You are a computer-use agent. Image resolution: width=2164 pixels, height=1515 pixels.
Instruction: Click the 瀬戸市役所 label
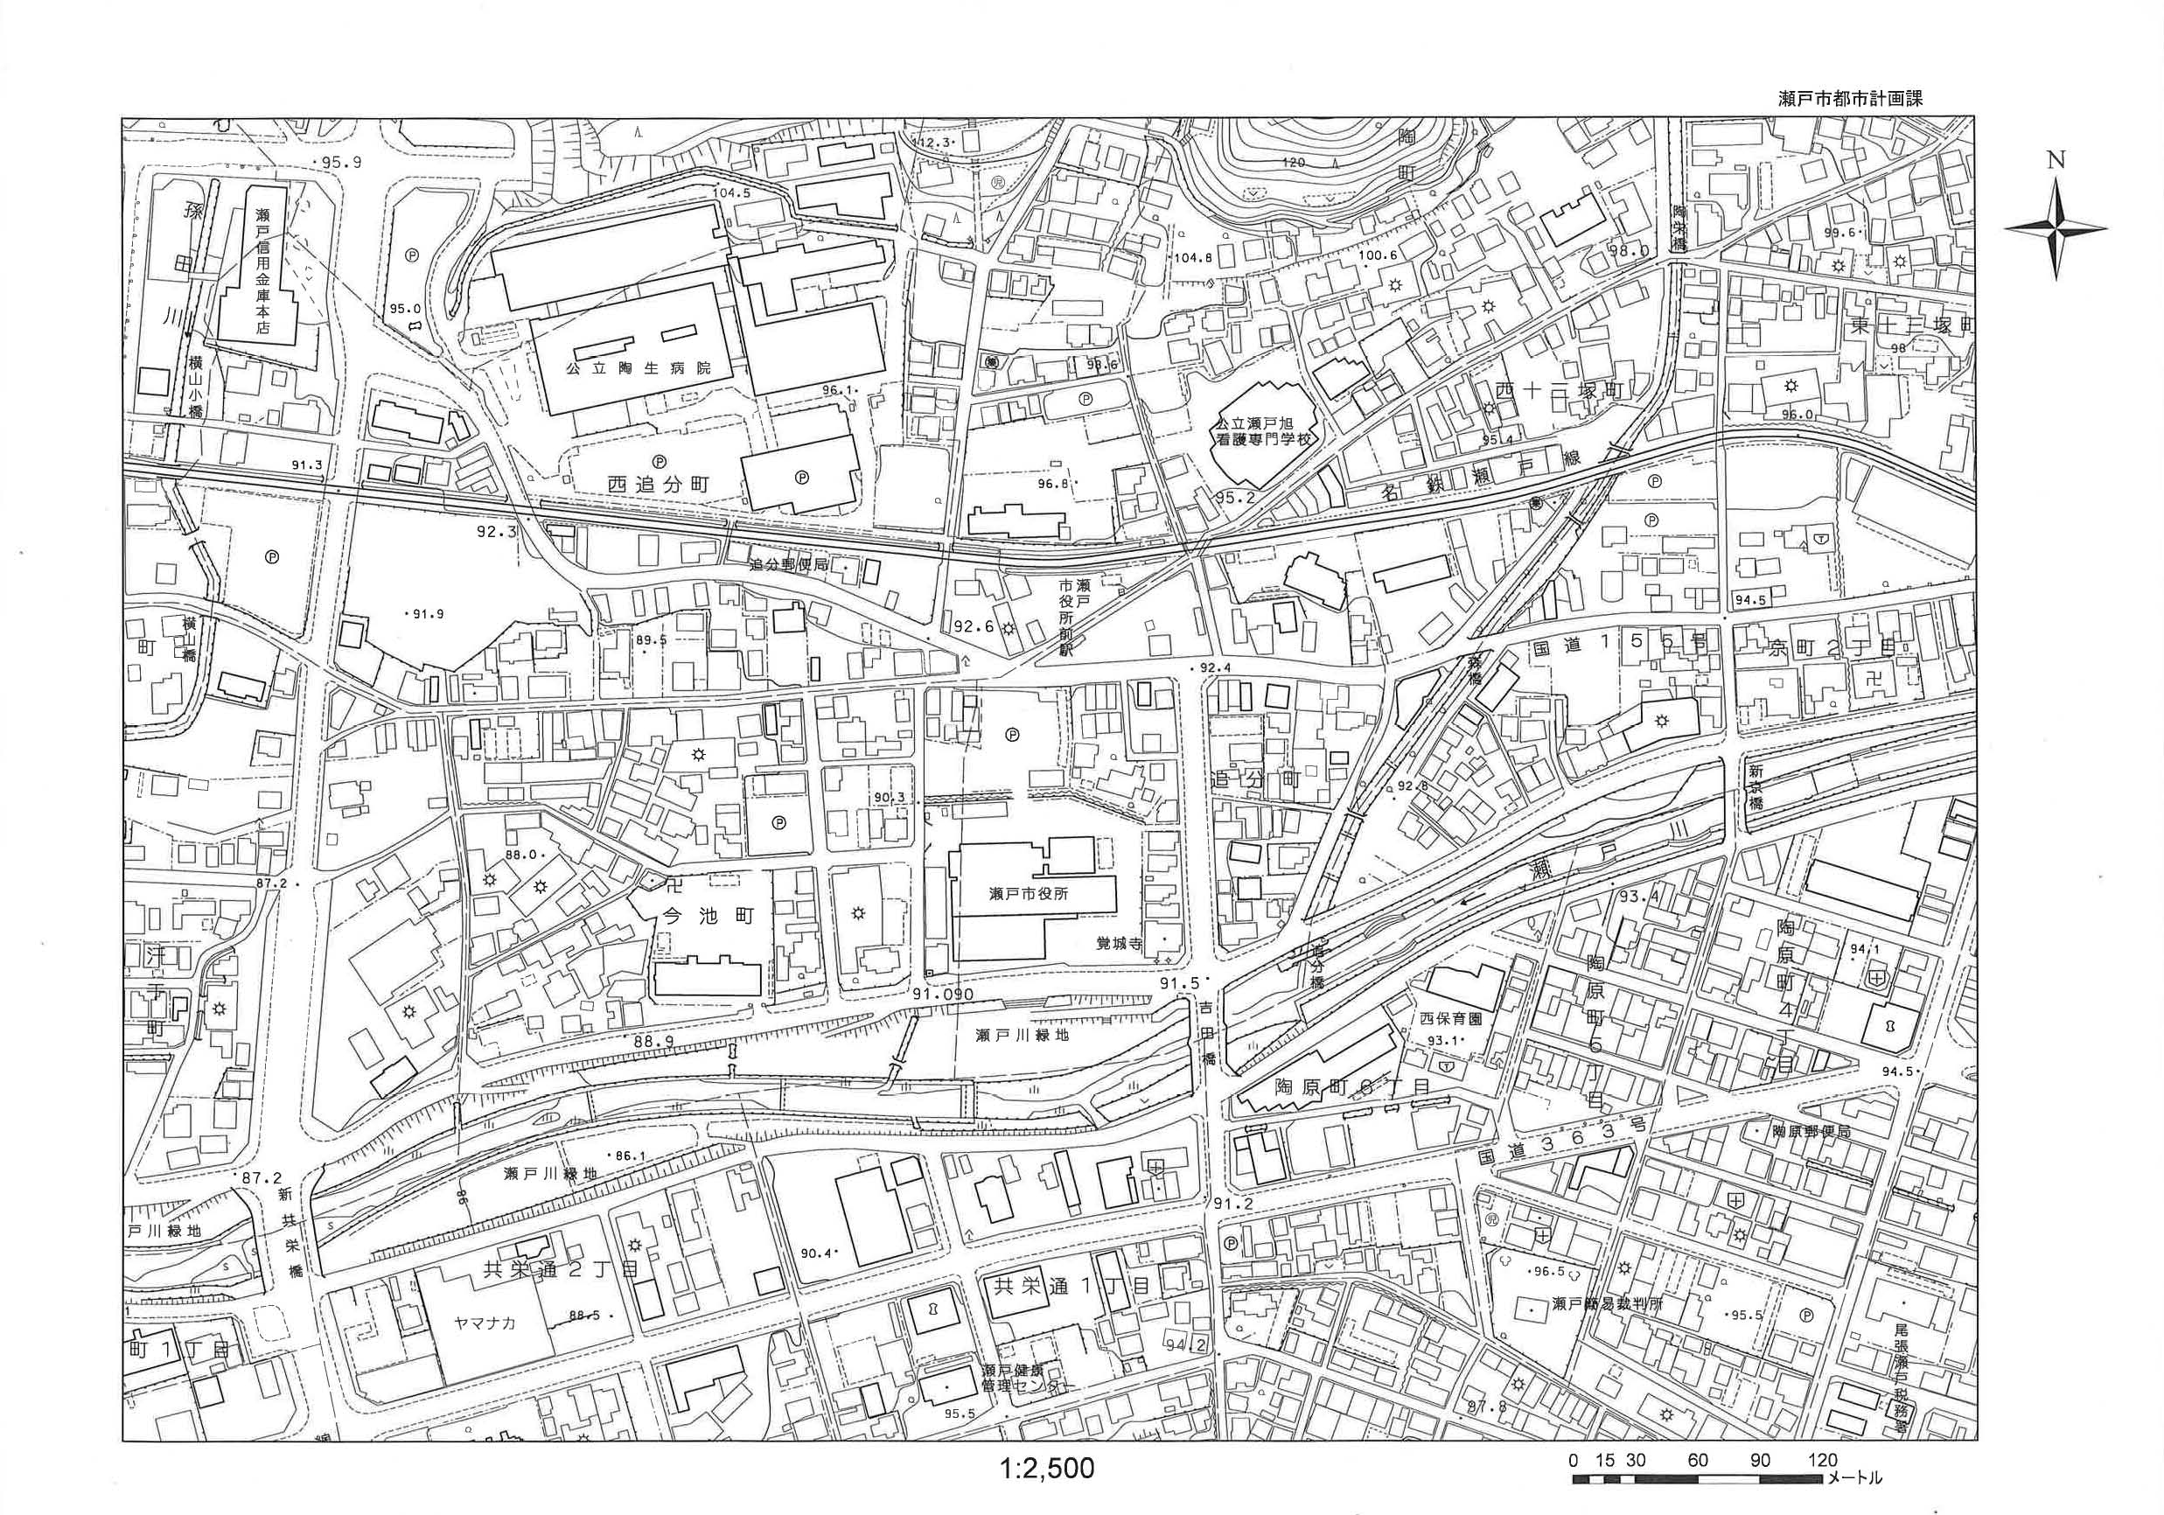1030,894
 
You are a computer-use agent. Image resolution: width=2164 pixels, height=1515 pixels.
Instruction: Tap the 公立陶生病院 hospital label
638,368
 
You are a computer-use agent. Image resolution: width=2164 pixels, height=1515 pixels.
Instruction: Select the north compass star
2056,229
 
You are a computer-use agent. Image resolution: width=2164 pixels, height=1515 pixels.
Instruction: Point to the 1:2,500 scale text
1046,1468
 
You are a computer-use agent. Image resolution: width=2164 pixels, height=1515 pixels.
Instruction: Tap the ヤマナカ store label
485,1323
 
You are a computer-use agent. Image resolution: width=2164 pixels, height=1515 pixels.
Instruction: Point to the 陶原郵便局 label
1811,1130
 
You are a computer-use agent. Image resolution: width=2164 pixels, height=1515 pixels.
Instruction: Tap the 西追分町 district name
658,485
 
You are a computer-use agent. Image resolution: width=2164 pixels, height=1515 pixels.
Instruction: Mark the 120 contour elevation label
1293,163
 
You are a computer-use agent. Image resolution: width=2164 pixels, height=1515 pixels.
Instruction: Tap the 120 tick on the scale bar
1823,1460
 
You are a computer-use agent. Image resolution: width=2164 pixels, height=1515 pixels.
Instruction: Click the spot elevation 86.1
629,1155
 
